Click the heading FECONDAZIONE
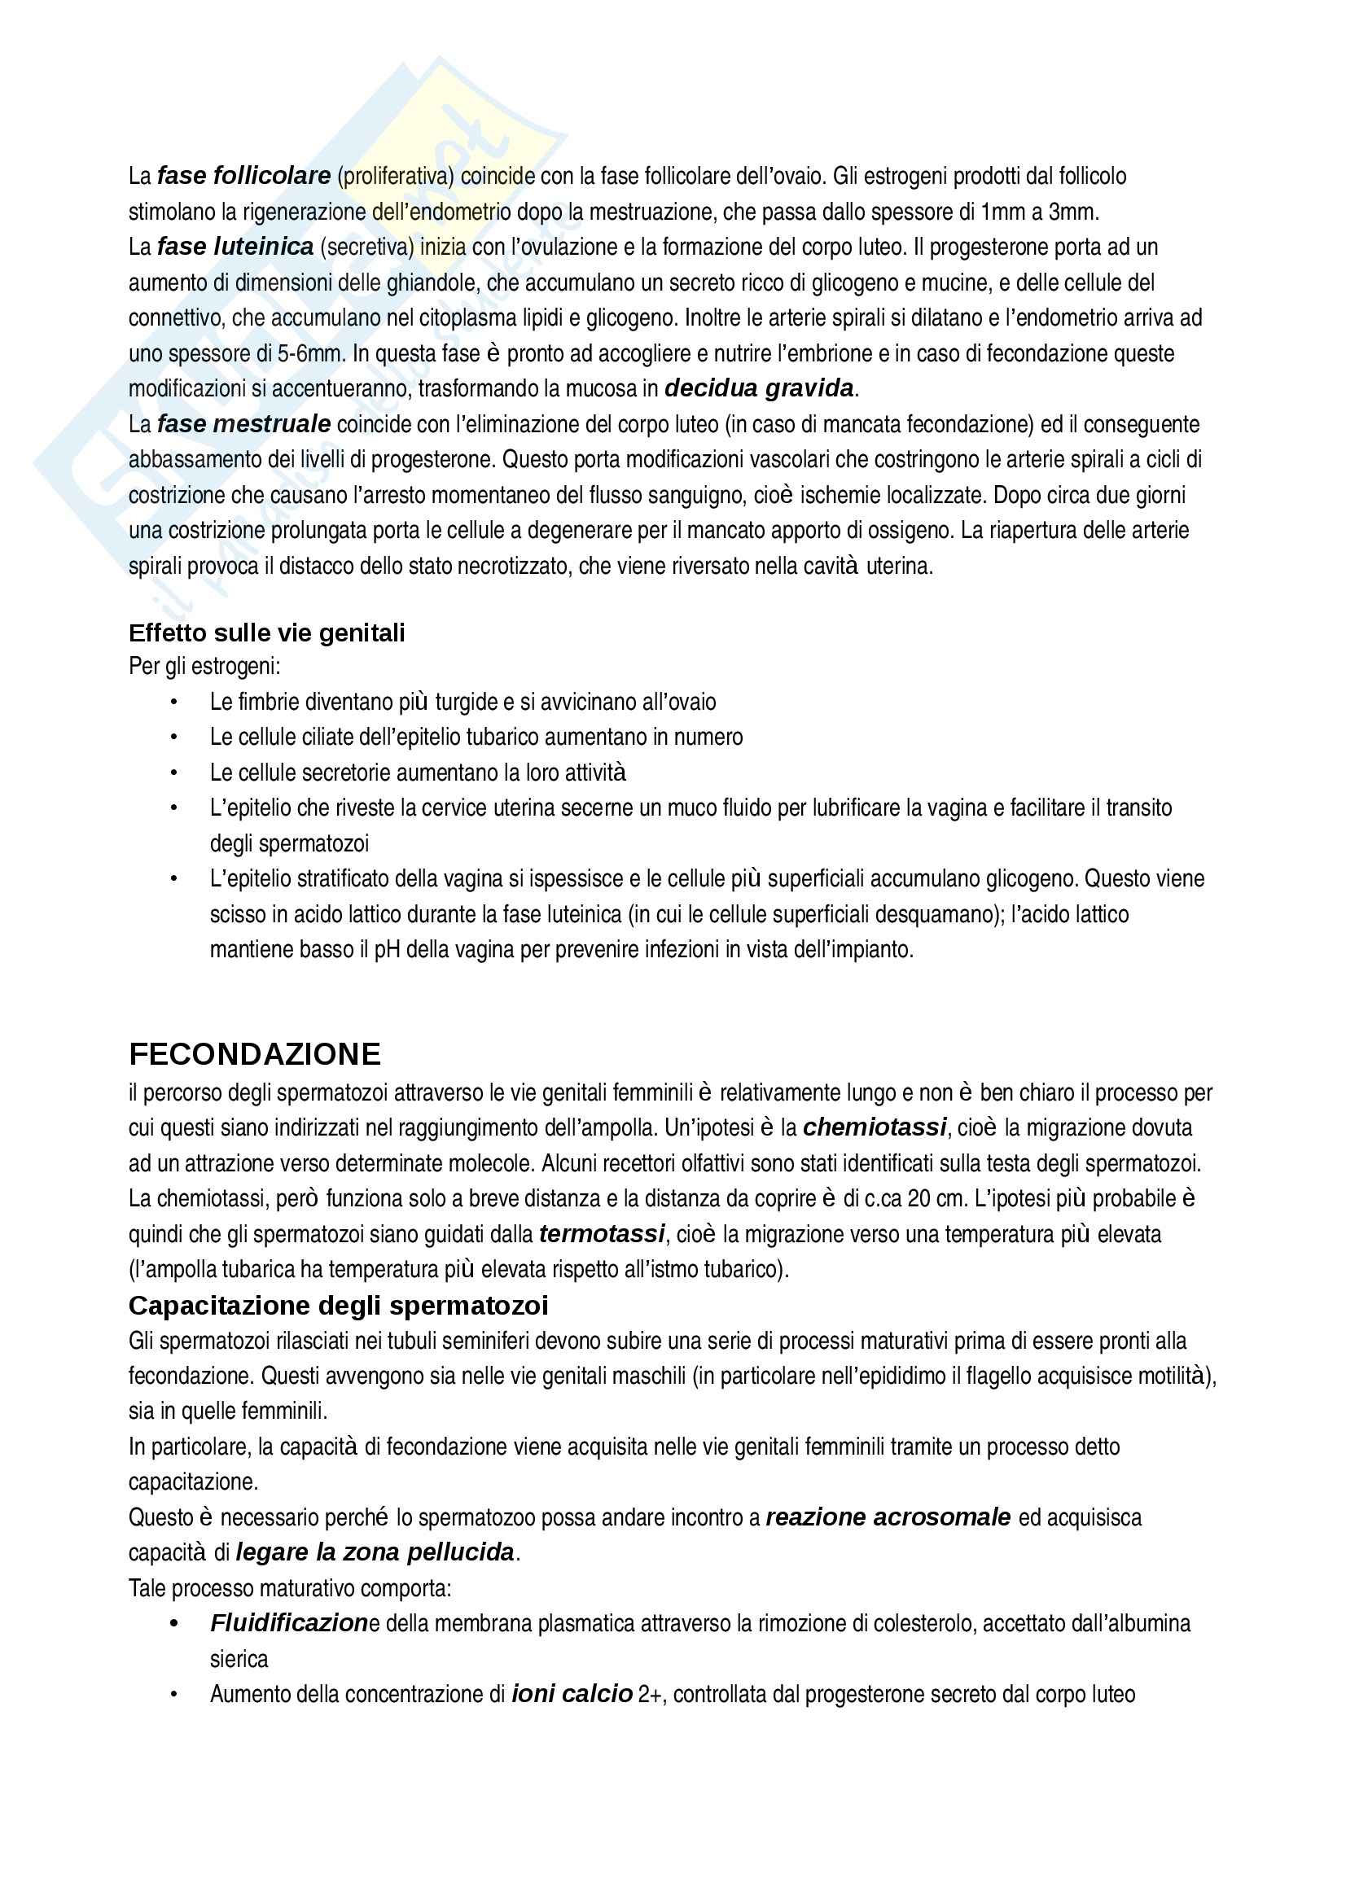point(255,1054)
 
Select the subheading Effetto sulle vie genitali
point(266,632)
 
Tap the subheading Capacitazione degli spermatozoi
point(339,1305)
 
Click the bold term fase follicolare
point(243,176)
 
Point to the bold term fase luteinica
point(235,247)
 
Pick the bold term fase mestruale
point(243,424)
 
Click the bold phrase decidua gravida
point(759,388)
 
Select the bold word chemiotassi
point(874,1127)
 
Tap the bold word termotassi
point(601,1234)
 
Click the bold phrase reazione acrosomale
point(888,1517)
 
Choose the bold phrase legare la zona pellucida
point(375,1552)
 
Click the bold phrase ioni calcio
point(572,1693)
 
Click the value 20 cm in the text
point(925,1198)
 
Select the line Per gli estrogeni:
point(204,667)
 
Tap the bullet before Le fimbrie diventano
point(174,703)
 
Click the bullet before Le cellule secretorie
point(174,773)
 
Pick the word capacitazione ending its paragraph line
point(192,1482)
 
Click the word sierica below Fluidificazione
point(239,1658)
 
